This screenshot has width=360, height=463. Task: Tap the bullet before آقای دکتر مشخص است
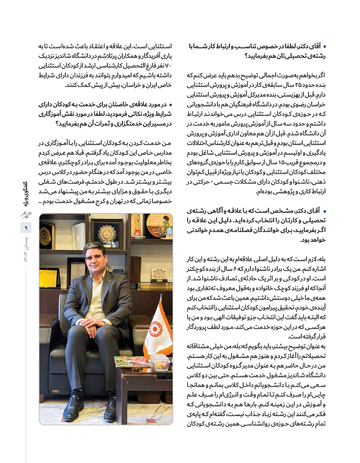pyautogui.click(x=322, y=211)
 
